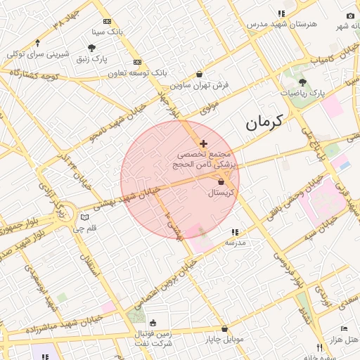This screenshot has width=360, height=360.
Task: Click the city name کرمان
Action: [x=264, y=122]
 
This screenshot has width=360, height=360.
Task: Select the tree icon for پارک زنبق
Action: [x=91, y=48]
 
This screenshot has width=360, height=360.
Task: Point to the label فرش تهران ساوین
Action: [x=200, y=85]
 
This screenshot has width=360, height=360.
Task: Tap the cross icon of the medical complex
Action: [x=204, y=143]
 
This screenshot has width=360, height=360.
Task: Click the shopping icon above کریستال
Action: [x=221, y=182]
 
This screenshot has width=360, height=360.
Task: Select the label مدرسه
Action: [x=235, y=242]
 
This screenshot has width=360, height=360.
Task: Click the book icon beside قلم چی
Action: [x=84, y=217]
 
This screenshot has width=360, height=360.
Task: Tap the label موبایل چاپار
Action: [x=224, y=340]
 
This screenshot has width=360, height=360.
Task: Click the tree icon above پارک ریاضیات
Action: [x=302, y=82]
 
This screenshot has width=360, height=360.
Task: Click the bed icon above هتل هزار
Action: [x=343, y=328]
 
